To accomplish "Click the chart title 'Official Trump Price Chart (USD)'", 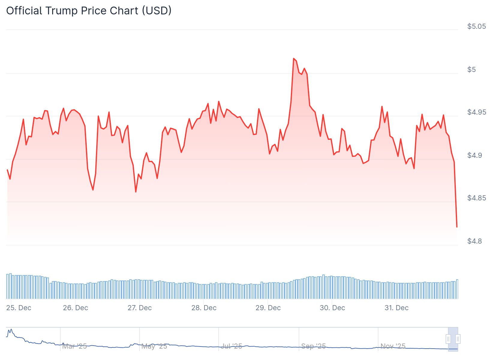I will point(89,11).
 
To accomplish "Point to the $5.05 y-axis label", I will point(476,26).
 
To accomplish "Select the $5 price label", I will point(471,70).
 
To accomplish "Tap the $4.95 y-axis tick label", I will point(476,112).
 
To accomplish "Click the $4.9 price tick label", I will point(474,155).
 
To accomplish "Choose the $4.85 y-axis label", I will point(476,198).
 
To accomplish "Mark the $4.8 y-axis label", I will point(474,241).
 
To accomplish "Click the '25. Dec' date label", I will point(19,308).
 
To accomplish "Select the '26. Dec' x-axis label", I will point(75,308).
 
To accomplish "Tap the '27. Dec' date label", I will point(139,308).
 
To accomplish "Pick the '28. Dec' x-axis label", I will point(204,308).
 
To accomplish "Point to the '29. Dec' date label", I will point(268,308).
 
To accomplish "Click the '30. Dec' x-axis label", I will point(332,308).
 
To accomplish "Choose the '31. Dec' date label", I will point(396,308).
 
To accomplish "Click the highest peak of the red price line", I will point(294,58).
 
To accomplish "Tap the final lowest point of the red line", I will point(457,227).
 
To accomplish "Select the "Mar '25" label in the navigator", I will point(74,346).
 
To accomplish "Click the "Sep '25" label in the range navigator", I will point(313,346).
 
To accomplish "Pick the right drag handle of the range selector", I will point(458,339).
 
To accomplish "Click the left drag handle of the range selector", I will point(448,339).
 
